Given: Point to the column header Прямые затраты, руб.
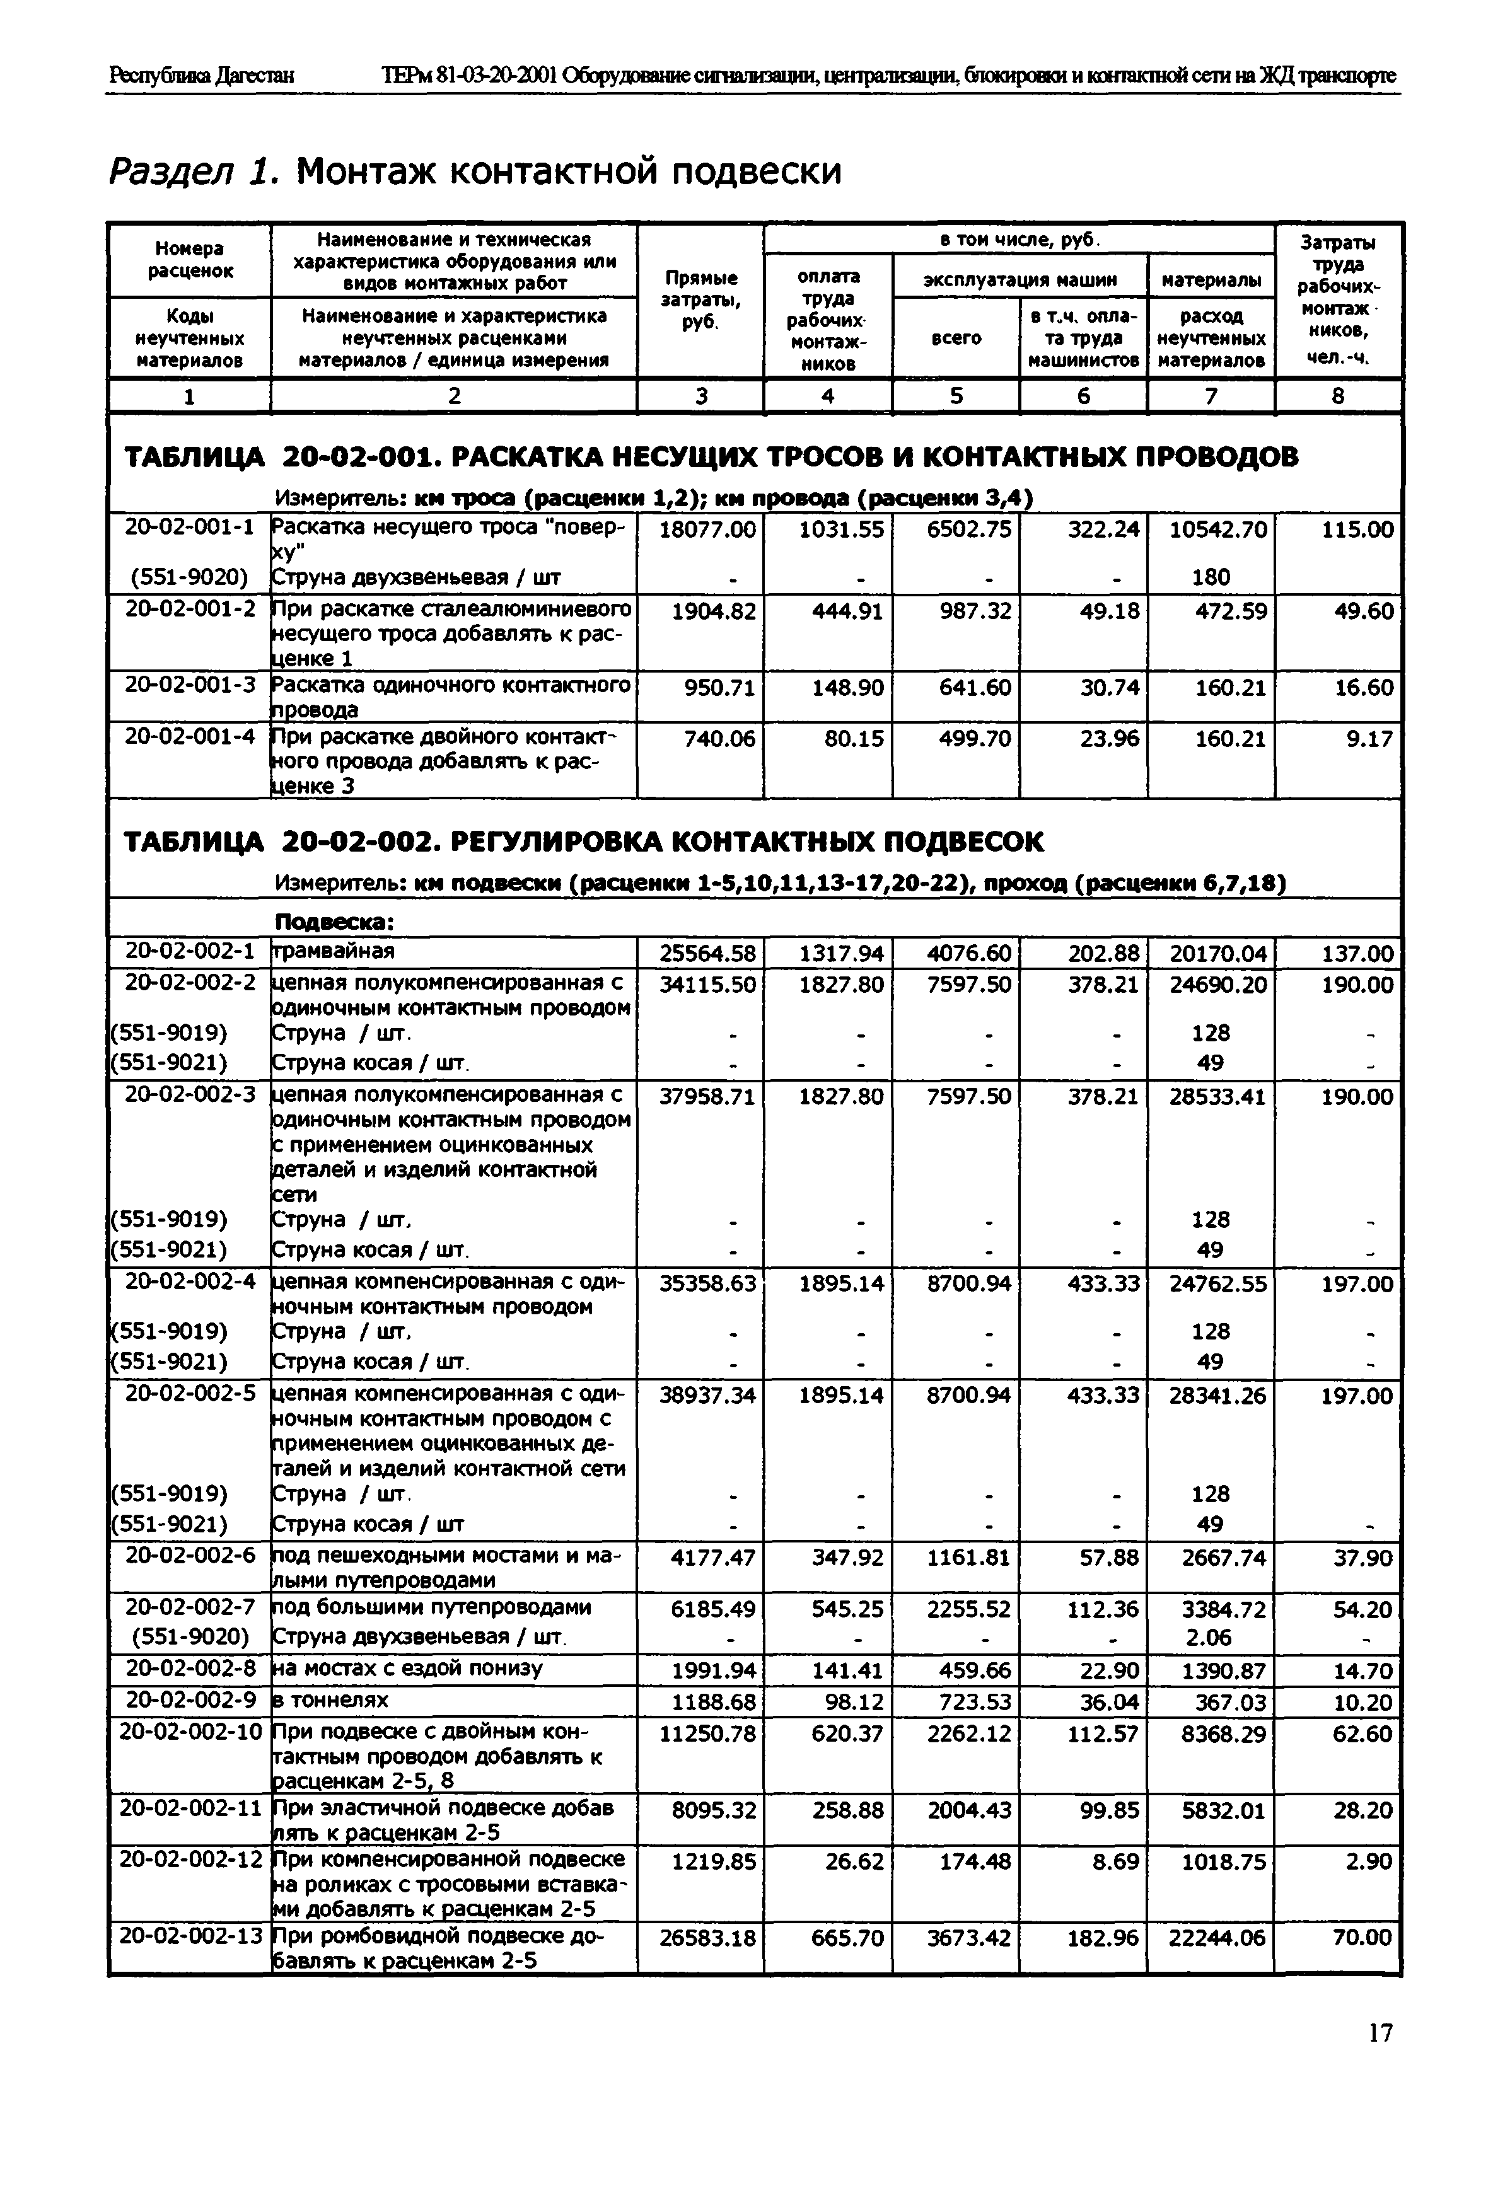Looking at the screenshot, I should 700,300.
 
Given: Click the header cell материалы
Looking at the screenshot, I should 1211,279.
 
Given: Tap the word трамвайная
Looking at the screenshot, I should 333,950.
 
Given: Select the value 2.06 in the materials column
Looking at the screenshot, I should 1210,1637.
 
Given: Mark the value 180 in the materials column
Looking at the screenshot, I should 1211,577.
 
